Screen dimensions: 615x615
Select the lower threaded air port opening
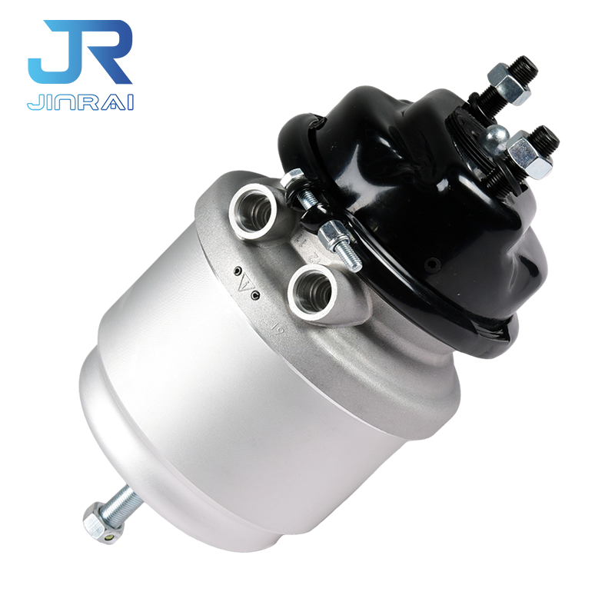(x=311, y=291)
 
